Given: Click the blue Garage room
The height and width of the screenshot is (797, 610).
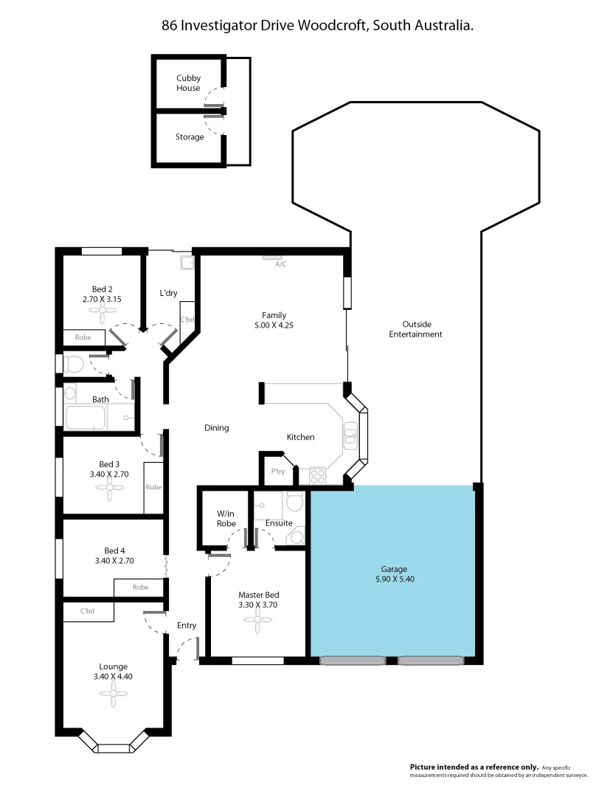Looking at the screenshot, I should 393,539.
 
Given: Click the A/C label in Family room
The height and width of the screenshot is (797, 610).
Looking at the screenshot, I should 280,263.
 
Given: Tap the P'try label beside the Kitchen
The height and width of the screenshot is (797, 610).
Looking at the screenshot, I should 278,472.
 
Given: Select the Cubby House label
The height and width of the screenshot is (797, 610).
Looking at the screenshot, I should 188,83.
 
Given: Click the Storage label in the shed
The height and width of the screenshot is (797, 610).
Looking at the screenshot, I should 190,137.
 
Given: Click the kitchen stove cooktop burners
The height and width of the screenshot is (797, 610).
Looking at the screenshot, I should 318,477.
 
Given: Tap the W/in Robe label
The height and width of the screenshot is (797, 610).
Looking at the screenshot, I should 226,518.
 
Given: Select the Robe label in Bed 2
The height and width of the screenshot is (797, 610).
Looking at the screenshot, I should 84,337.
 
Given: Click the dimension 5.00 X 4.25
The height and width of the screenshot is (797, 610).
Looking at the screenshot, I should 273,325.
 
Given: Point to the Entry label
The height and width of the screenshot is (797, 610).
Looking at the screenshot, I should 187,625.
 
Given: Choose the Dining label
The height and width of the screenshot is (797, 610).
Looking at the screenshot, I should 216,427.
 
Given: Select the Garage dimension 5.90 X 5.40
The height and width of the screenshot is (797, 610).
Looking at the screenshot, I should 394,579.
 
